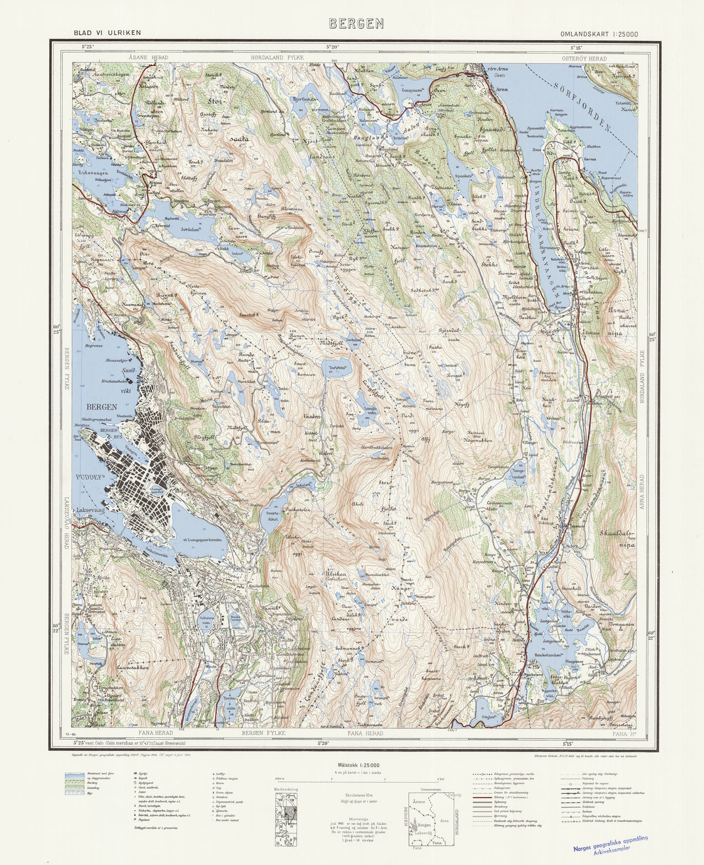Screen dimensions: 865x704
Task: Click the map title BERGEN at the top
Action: (356, 23)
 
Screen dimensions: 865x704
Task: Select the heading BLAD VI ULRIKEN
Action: (107, 33)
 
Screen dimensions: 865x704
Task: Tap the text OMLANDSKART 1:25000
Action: (599, 34)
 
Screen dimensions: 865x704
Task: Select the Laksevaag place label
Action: (90, 511)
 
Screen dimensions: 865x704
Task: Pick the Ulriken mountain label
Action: (336, 574)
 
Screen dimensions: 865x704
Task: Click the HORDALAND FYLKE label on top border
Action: (277, 58)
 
